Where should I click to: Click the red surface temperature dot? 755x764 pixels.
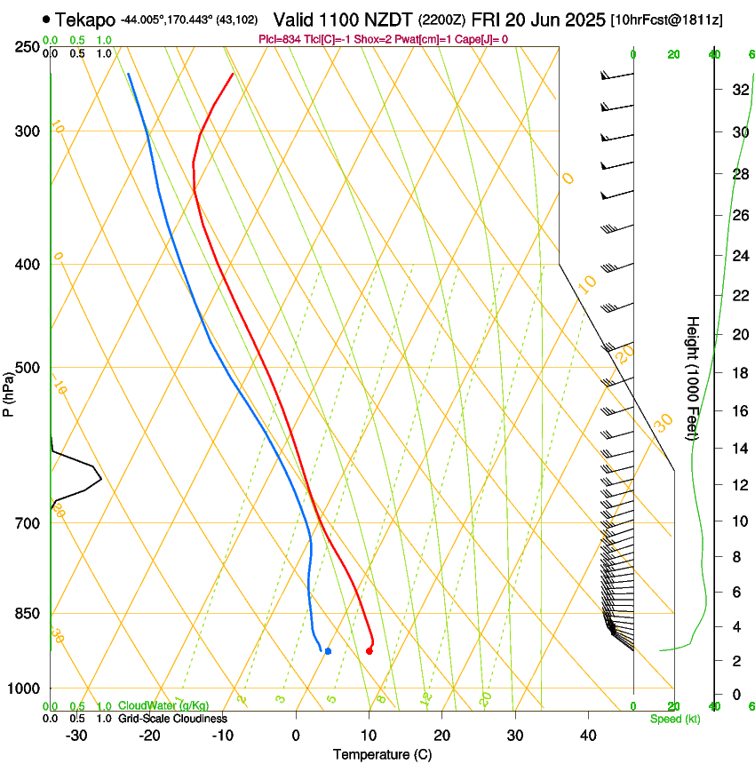369,651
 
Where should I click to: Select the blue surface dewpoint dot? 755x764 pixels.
328,651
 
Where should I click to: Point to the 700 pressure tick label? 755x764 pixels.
27,523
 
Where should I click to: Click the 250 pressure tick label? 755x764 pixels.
27,47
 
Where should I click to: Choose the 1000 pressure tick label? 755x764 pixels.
24,688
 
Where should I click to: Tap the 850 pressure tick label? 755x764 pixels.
27,614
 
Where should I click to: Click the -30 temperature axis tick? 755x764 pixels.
76,736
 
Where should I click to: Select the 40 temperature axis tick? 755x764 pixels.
588,736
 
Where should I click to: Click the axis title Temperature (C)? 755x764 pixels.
382,754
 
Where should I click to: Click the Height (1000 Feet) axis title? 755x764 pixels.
693,378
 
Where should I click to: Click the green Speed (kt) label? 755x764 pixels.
675,719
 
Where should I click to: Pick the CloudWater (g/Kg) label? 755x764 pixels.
163,706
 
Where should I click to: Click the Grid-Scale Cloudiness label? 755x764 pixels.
172,719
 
